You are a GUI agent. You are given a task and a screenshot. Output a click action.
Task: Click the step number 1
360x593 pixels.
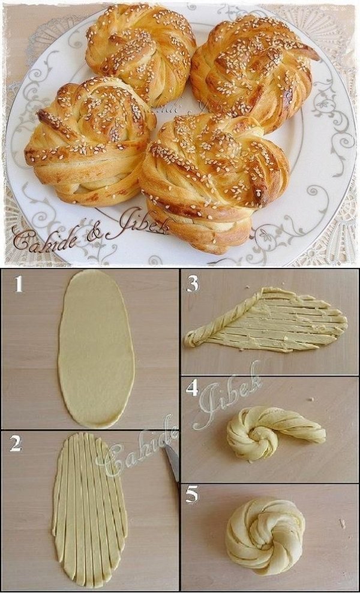[19, 284]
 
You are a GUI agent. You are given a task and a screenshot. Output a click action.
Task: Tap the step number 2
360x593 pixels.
[16, 444]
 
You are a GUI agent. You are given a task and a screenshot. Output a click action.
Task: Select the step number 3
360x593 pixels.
[193, 284]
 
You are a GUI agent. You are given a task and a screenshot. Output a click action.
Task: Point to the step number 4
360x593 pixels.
[192, 389]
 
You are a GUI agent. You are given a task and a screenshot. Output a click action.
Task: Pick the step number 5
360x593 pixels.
[192, 495]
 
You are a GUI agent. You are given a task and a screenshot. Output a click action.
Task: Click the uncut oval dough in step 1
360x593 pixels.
[96, 348]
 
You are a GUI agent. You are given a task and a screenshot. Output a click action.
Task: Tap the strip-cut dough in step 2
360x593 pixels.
[90, 510]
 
